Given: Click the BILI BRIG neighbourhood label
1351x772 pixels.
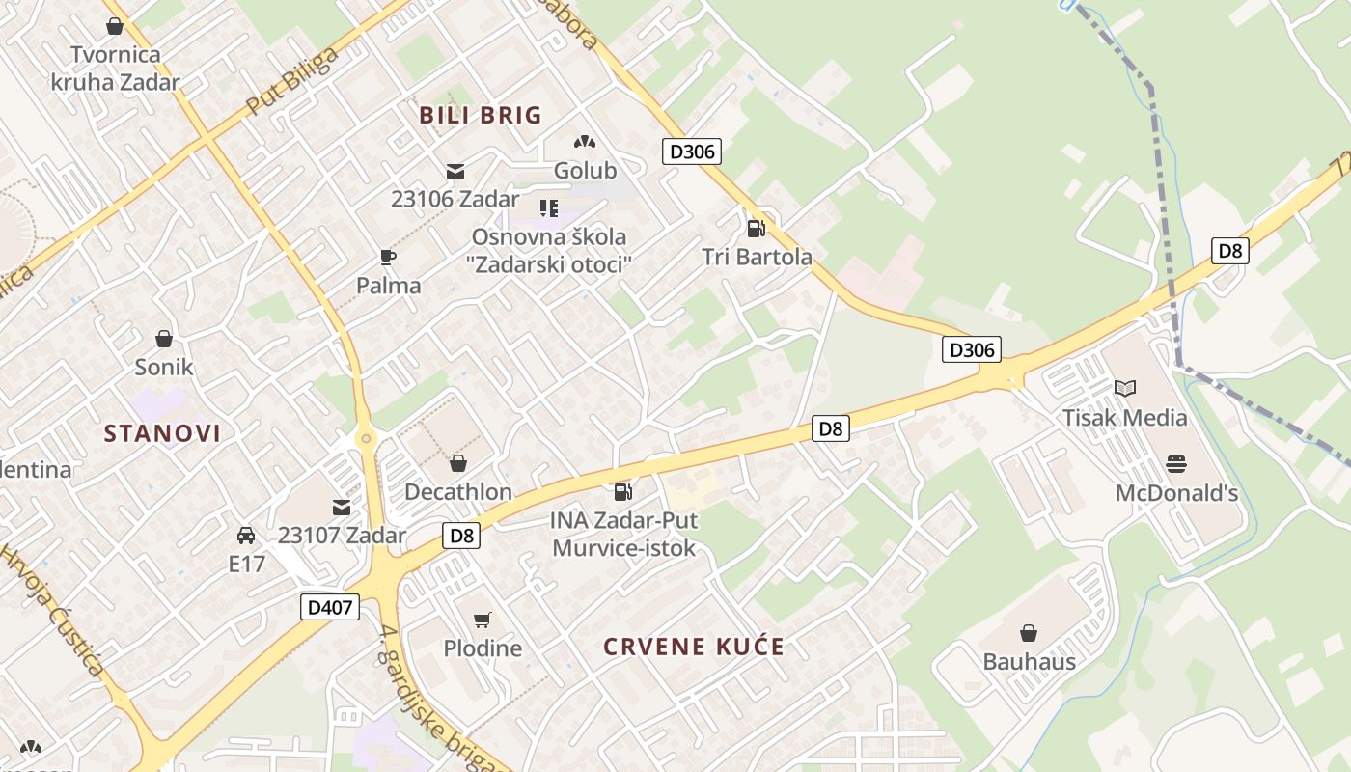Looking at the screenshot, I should tap(481, 115).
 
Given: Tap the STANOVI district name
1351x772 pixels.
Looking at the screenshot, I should tap(162, 433).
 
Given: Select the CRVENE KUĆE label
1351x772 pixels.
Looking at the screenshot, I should tap(694, 647).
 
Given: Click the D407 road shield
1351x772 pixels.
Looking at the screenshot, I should tap(330, 607).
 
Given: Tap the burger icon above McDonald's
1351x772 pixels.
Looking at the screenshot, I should tap(1175, 464).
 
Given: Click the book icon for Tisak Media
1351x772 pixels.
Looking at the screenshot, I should tap(1124, 388).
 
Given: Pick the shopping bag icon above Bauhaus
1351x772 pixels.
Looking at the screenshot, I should tap(1029, 633).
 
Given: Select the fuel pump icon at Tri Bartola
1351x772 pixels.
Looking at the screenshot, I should tap(756, 229).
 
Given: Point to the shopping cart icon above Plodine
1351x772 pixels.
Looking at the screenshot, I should tap(482, 620).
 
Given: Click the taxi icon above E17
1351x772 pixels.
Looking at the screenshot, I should tap(246, 535).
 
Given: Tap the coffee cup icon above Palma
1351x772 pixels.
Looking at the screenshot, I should tap(388, 257).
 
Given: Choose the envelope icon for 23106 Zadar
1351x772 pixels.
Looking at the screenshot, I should tap(455, 172).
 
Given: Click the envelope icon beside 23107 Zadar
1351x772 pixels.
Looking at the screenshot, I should tap(342, 507).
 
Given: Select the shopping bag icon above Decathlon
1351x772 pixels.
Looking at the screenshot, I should tap(457, 463).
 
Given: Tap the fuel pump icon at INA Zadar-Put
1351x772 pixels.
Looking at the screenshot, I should tap(622, 492).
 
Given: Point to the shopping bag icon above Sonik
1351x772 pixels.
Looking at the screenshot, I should tap(164, 339).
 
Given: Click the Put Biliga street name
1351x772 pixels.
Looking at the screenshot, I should tap(291, 81).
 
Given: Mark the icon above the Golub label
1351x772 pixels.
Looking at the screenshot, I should tap(584, 142).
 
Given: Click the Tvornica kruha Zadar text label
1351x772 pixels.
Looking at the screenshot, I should tap(116, 68).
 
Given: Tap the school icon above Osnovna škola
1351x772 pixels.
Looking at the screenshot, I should tap(549, 207).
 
